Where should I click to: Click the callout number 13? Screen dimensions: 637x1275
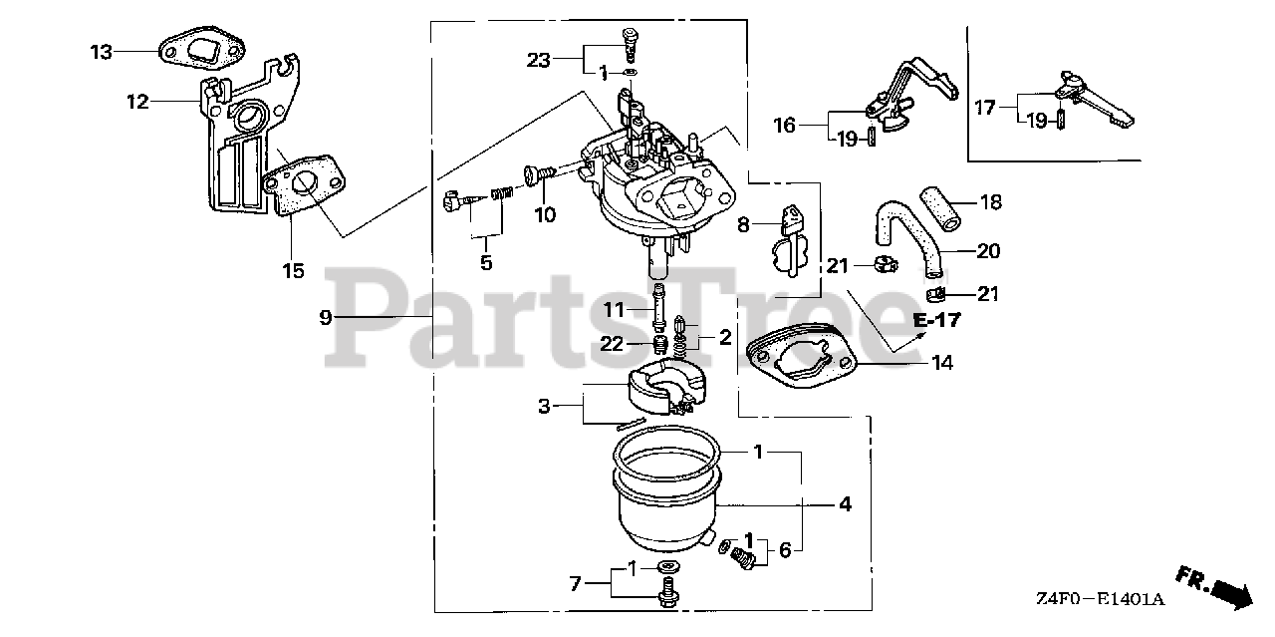point(103,51)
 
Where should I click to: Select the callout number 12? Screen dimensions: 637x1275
point(137,101)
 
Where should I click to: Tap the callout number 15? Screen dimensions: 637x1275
point(293,270)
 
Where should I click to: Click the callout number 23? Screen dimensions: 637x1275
point(538,60)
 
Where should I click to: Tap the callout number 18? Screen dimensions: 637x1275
point(990,203)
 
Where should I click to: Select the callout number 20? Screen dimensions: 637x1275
point(988,251)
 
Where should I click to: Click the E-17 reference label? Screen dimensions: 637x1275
point(936,321)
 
